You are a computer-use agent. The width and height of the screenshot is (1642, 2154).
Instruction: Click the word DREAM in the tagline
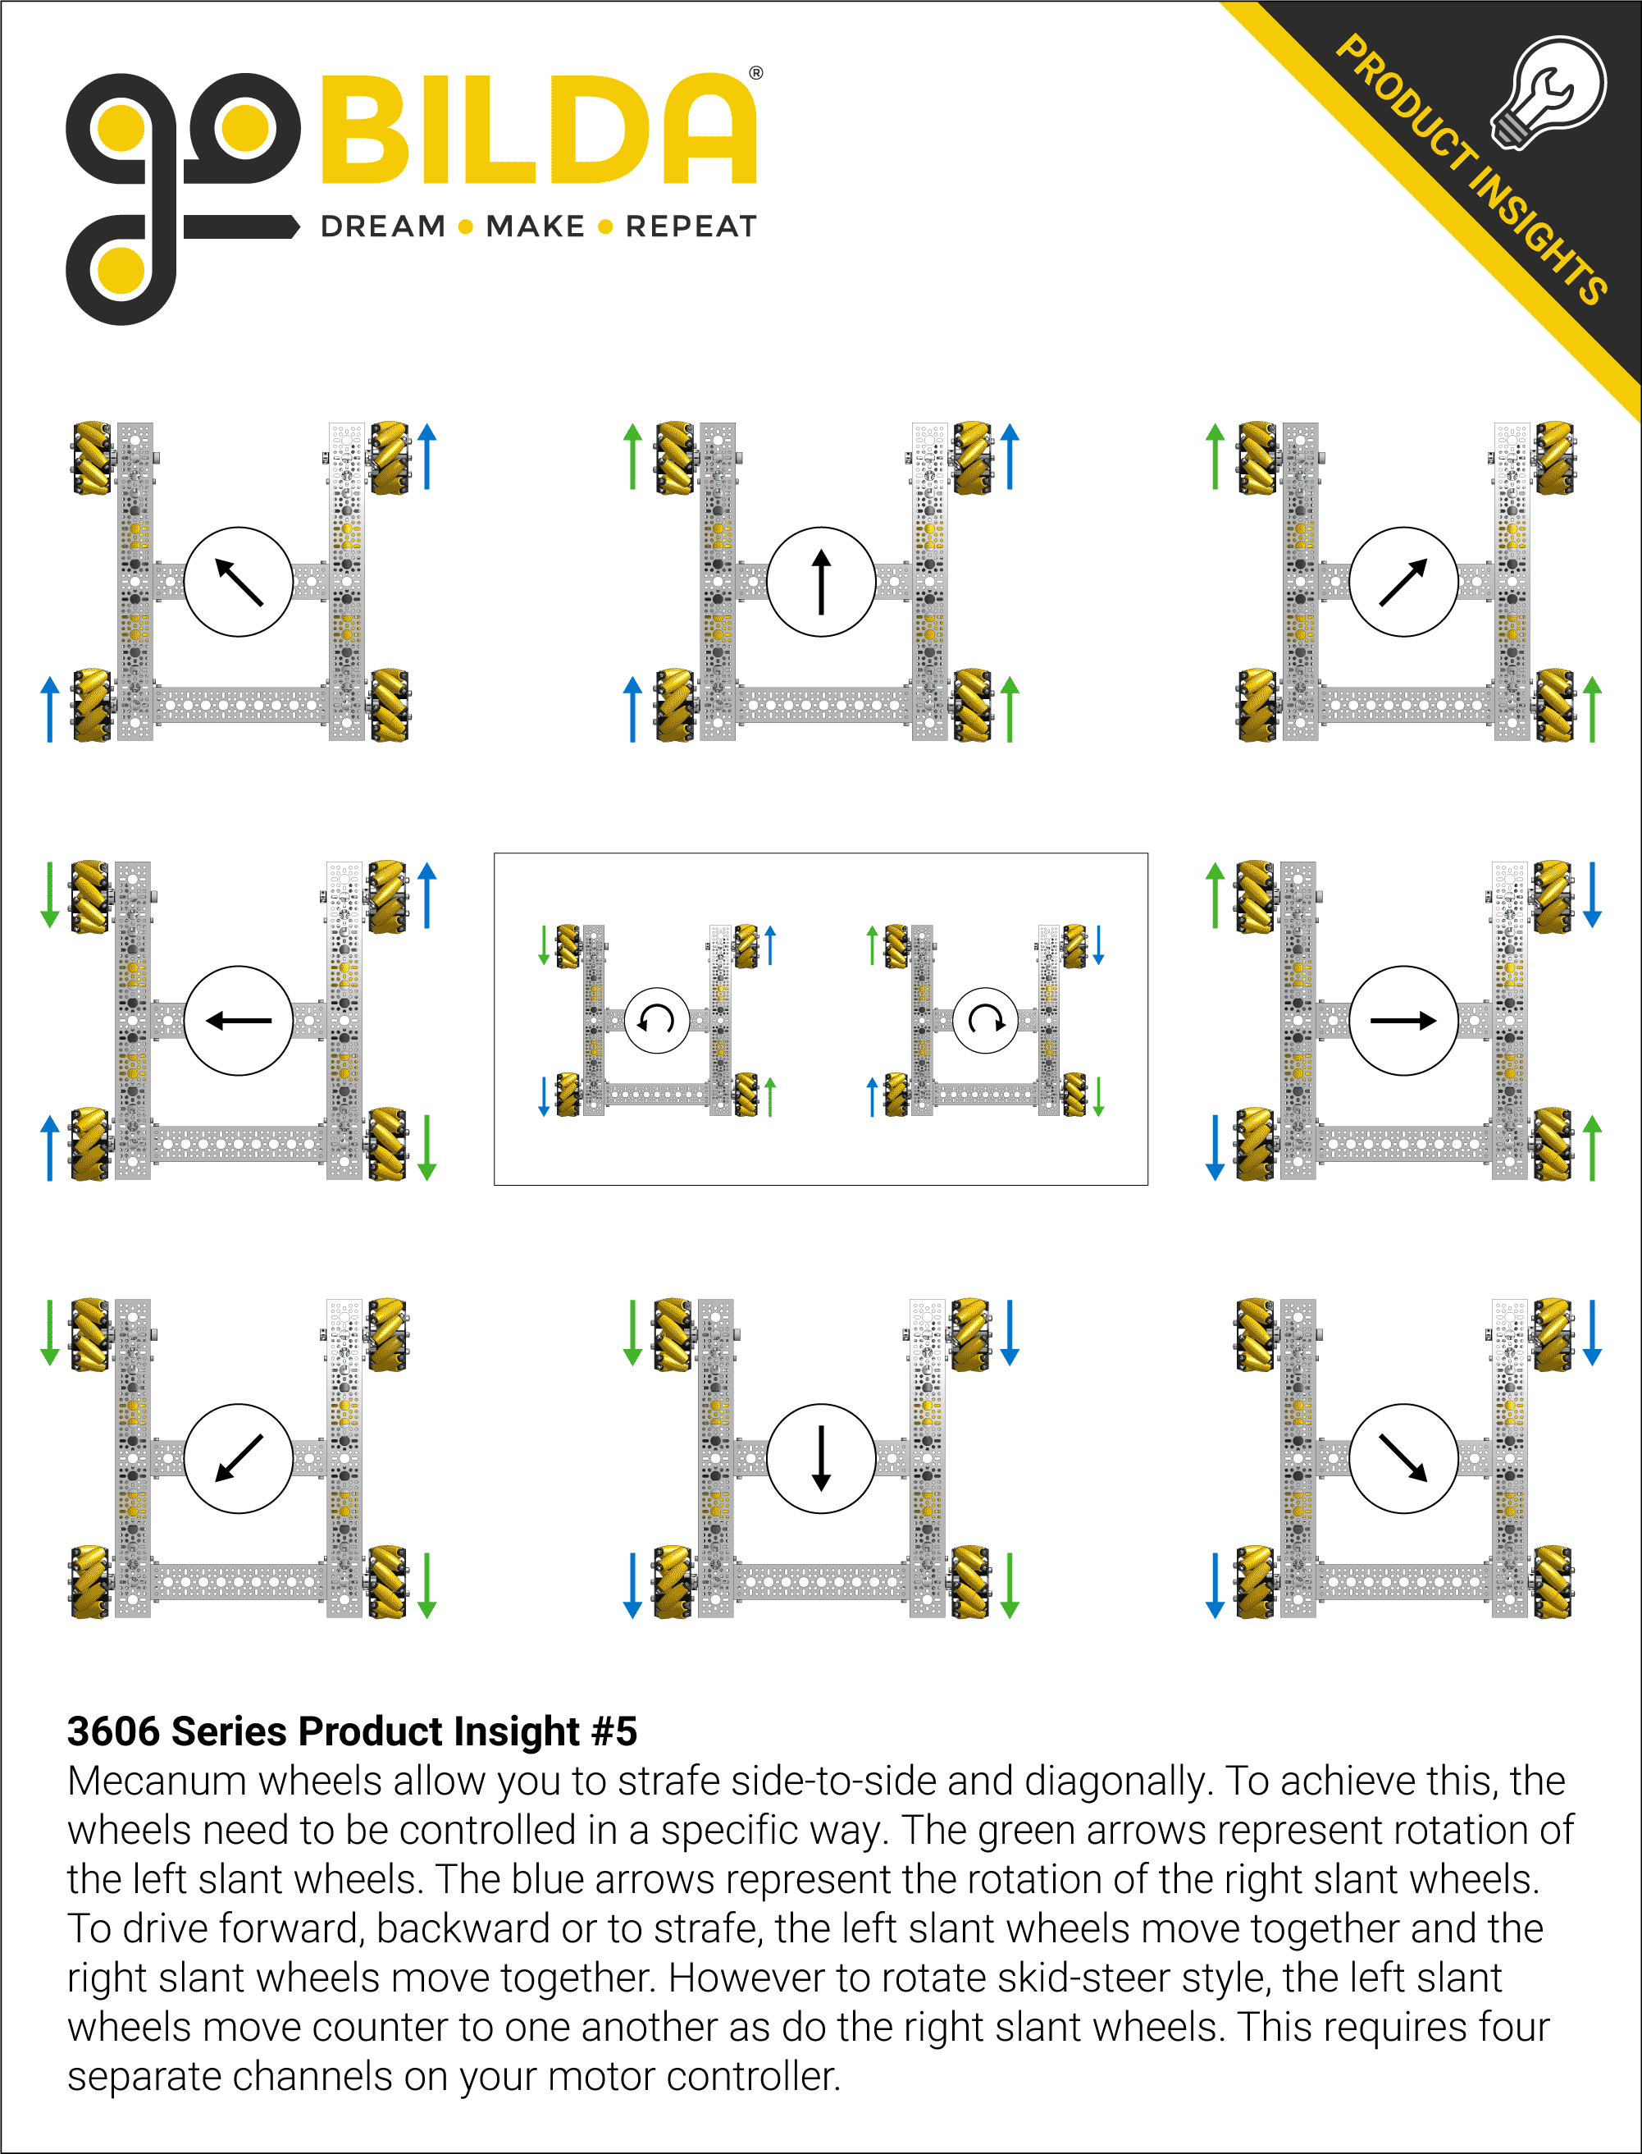[x=383, y=226]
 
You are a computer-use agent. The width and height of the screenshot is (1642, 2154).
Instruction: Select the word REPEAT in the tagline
[x=691, y=226]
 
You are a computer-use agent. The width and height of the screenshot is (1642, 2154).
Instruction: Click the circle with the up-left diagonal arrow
[x=239, y=582]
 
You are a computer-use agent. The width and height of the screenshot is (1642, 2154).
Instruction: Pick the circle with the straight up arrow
[x=821, y=582]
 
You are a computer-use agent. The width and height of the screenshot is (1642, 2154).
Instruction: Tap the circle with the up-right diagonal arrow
[x=1403, y=582]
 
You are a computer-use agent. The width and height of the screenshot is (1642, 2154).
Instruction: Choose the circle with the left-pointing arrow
[x=239, y=1021]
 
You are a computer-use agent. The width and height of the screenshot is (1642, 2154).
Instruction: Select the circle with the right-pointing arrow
[x=1403, y=1021]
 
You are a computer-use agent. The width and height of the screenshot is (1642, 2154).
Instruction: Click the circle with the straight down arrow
[x=821, y=1459]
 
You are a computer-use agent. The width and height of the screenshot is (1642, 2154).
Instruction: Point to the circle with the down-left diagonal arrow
[x=239, y=1459]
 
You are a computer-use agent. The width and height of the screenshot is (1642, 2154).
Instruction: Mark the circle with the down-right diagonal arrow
[x=1403, y=1459]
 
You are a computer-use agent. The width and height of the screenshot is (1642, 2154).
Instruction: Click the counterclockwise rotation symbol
[x=657, y=1020]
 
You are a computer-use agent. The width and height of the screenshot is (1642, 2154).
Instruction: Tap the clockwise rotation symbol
[x=985, y=1020]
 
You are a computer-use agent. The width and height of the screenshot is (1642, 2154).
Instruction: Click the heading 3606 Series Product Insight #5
[x=352, y=1731]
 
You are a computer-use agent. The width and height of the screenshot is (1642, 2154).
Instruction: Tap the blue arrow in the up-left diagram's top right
[x=427, y=456]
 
